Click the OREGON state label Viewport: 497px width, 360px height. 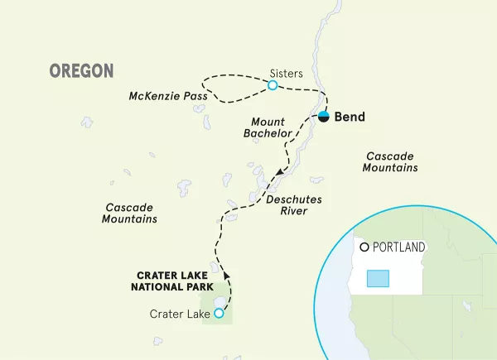81,71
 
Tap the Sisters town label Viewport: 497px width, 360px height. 286,73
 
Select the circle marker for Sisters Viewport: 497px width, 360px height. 273,84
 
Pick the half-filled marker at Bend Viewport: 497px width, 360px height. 324,117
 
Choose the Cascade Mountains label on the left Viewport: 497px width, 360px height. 130,213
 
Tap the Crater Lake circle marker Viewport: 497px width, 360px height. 219,314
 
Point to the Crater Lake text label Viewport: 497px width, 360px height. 179,314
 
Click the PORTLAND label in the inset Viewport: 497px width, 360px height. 398,247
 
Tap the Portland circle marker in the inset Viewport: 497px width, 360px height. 364,247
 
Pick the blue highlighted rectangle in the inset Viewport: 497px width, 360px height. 378,278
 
